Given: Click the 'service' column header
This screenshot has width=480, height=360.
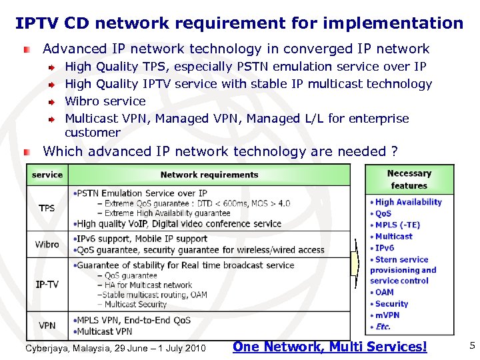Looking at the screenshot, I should click(47, 175).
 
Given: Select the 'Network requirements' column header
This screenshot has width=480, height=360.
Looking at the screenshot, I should click(209, 175).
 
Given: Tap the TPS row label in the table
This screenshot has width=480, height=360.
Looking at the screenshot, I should click(47, 208).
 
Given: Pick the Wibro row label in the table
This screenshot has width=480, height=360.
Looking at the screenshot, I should click(47, 244).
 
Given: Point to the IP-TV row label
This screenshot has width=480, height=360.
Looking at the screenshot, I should click(47, 285).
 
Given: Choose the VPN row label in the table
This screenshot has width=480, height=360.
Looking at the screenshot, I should click(47, 326).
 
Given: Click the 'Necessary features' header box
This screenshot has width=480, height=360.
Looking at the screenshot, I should click(409, 179).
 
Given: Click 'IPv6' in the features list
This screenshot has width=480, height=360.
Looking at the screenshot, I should click(385, 247).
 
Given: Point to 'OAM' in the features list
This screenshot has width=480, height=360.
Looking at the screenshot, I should click(385, 292).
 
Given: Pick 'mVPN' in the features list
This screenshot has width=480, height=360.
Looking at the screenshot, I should click(387, 315).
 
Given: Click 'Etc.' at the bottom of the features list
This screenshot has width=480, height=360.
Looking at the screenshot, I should click(383, 327).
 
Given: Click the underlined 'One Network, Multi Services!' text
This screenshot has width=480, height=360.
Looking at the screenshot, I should click(329, 347).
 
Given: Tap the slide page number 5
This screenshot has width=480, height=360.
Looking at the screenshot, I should click(471, 345).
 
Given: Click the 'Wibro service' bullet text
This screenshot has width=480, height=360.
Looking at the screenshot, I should click(105, 101).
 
